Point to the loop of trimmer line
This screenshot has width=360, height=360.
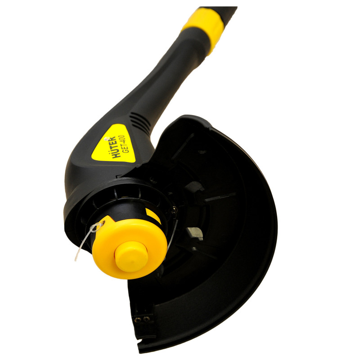[96, 227]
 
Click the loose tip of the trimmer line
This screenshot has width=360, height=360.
[76, 260]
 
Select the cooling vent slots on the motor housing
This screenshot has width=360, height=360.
[139, 121]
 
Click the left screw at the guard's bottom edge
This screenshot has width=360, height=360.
[138, 319]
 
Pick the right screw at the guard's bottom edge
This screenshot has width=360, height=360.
[146, 319]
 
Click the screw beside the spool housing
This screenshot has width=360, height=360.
[174, 210]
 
